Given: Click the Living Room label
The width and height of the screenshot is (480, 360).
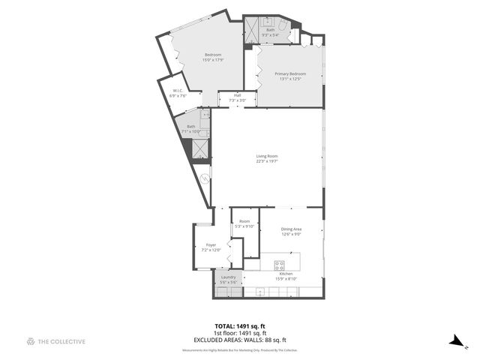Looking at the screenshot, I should [x=267, y=156].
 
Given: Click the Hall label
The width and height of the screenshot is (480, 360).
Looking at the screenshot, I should [x=237, y=95].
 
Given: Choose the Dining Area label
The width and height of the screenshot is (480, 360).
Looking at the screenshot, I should [x=291, y=229].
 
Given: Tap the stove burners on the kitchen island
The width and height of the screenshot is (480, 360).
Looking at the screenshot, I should [x=279, y=264].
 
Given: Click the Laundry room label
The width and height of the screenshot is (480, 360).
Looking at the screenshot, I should [x=229, y=277].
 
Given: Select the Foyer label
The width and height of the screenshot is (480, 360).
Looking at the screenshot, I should [x=211, y=244].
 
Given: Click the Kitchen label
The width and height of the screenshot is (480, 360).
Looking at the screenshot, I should [x=286, y=275].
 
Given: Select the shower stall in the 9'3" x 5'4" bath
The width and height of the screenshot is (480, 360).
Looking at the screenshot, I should [x=251, y=31].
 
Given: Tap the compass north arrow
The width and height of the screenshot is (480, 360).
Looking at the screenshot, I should [x=457, y=341].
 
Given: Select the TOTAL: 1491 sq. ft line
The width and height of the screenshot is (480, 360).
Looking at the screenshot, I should [x=240, y=326].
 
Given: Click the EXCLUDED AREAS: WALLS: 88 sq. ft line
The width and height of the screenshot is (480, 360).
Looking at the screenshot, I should [x=240, y=338].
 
